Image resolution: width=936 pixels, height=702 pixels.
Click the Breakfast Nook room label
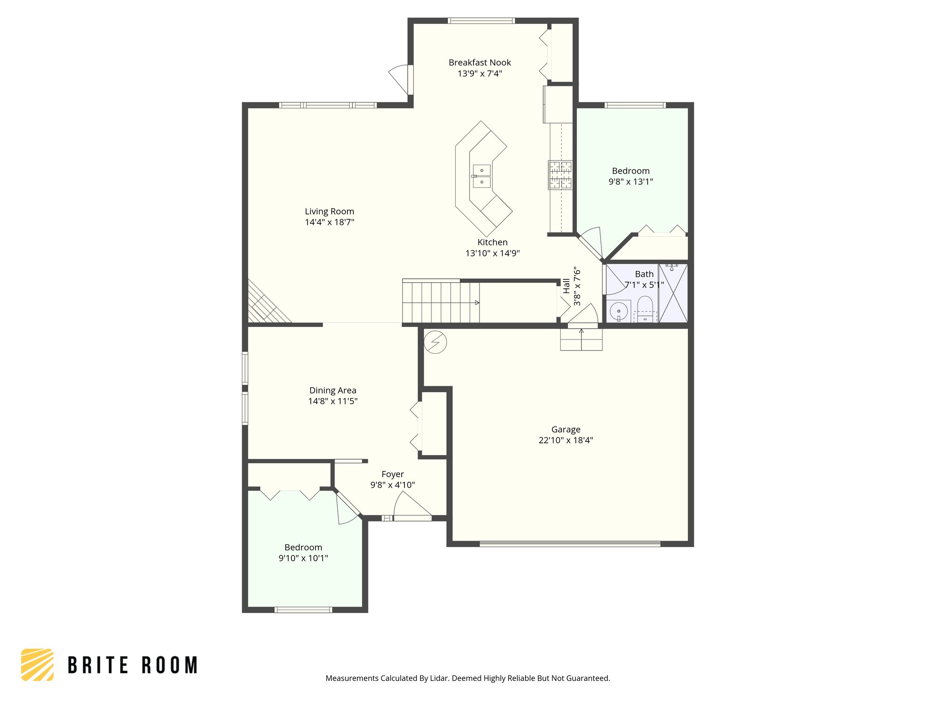(479, 63)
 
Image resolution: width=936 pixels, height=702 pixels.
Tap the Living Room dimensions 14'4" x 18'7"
(329, 222)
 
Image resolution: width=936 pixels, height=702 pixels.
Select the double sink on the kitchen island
(482, 176)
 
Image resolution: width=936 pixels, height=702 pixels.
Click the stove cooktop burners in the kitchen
(560, 175)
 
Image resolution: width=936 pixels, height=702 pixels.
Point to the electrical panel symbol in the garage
(435, 342)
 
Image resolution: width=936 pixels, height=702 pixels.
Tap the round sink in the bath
(619, 311)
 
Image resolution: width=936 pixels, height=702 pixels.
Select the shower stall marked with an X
(673, 293)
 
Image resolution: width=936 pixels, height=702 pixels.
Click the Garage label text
(566, 430)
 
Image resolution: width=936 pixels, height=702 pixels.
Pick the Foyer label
(393, 474)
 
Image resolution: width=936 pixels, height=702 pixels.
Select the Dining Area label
(333, 390)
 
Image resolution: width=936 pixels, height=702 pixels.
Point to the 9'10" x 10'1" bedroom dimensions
(303, 558)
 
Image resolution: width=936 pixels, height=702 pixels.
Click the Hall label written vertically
(567, 286)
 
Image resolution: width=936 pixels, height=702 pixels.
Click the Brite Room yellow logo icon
(37, 665)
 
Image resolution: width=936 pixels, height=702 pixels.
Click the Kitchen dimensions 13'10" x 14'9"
(492, 253)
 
